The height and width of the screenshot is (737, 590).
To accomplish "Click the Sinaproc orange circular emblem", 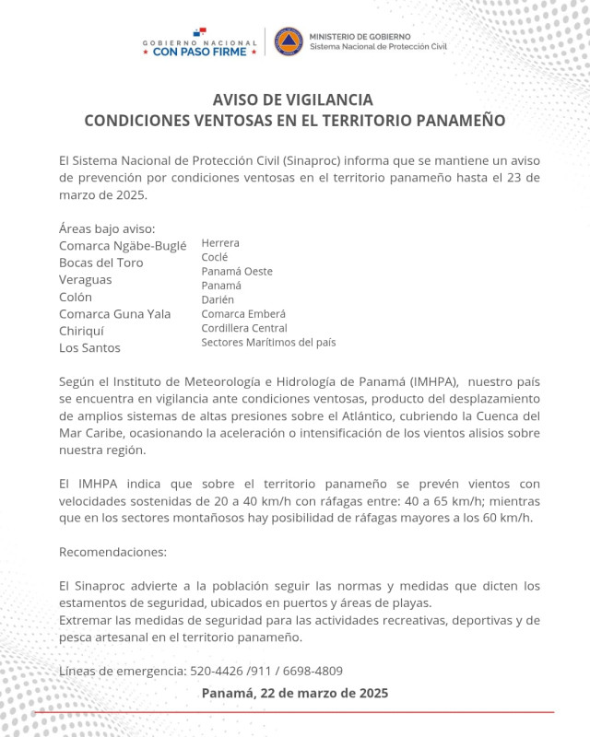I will tap(289, 41).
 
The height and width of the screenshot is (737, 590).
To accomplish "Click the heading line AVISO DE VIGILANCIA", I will tap(294, 99).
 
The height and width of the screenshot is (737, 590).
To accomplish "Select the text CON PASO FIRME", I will tap(200, 53).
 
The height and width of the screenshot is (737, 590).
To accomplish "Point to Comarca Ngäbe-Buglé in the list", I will tap(123, 245).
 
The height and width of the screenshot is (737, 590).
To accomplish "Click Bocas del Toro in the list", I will tap(100, 263).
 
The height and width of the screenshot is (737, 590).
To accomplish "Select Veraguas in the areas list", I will tap(85, 279).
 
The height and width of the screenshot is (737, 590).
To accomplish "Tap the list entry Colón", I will tap(76, 297).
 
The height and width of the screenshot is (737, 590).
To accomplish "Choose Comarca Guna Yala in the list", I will tap(114, 314).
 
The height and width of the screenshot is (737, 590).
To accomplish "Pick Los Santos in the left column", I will tap(89, 348).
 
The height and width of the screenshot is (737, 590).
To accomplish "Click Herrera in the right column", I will tap(220, 243).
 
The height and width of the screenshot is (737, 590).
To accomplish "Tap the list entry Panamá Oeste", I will tap(237, 272).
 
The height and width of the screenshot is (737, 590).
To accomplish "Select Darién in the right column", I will tap(218, 299).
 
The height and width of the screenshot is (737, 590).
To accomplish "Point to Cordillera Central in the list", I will tap(244, 328).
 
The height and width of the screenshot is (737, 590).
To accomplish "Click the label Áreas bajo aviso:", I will tap(107, 228).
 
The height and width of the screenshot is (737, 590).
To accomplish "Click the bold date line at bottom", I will tap(294, 693).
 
